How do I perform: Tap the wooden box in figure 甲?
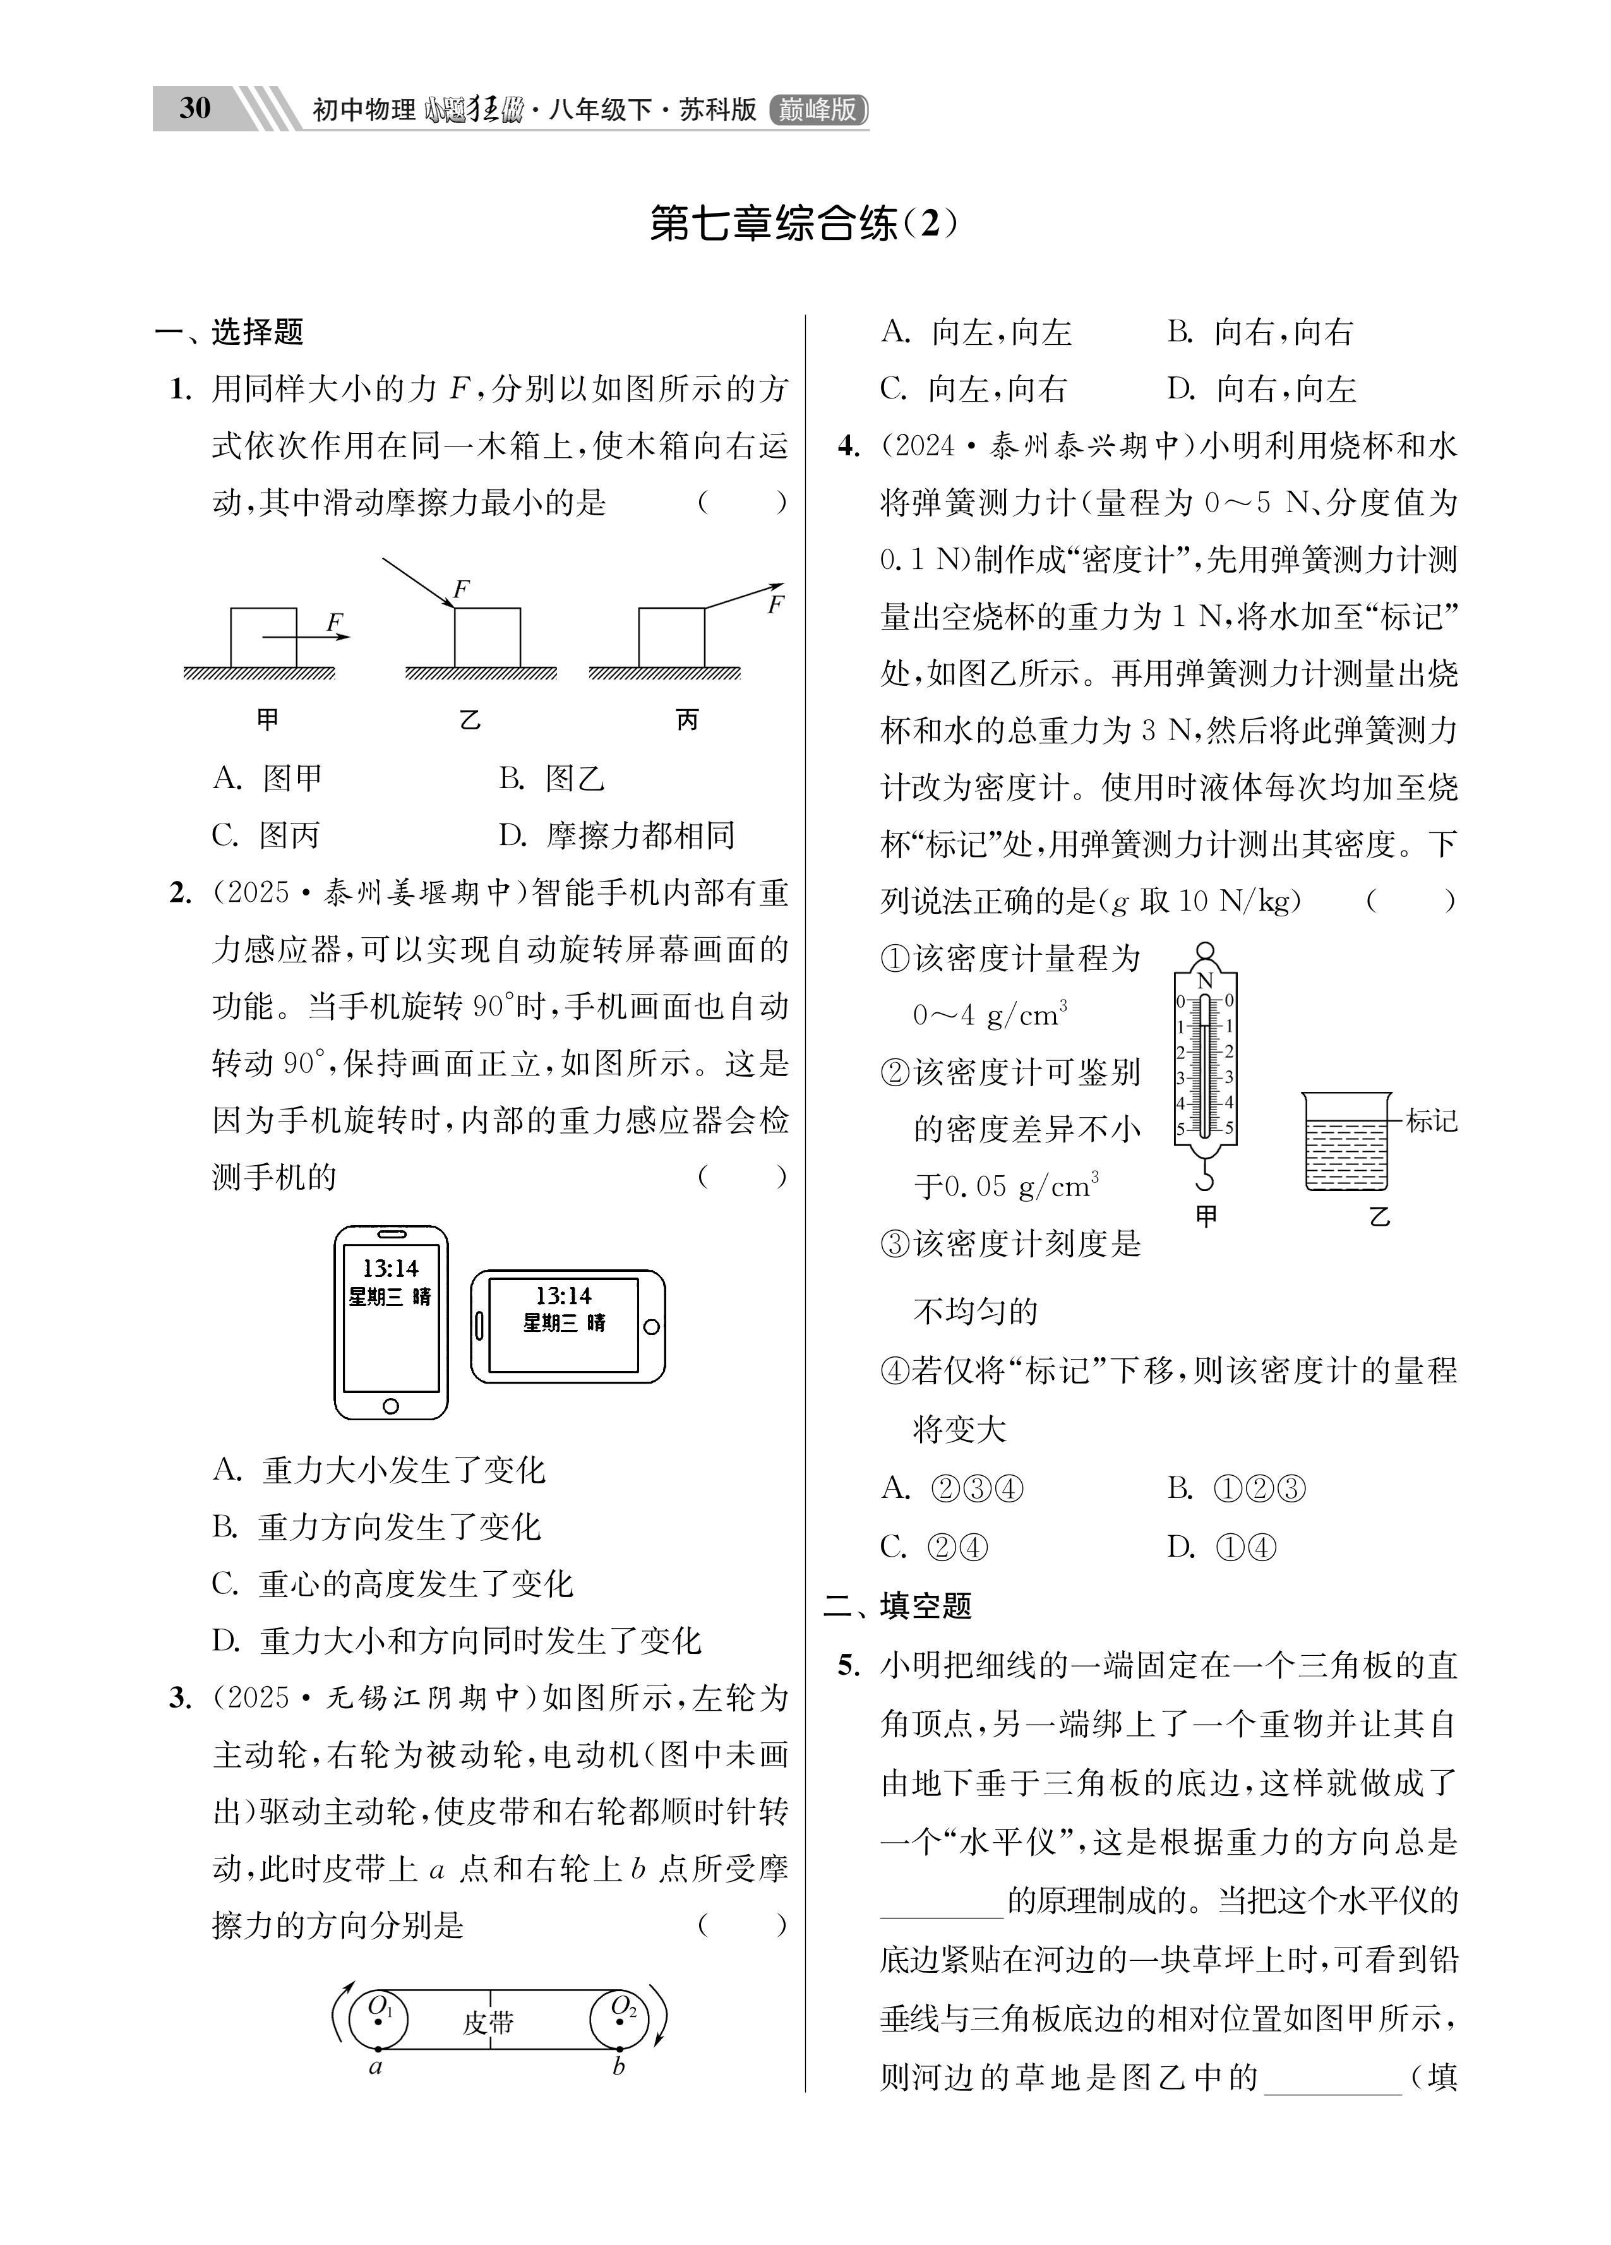(x=263, y=637)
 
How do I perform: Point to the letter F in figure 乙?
(x=460, y=590)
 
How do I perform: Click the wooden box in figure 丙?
(x=671, y=637)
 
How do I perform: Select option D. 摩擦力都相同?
(x=616, y=837)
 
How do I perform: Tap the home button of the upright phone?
(x=391, y=1406)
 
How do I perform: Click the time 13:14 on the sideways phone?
(x=563, y=1296)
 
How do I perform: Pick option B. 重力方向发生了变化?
(x=377, y=1528)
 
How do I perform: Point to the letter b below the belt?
(x=619, y=2067)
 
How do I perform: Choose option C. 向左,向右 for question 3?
(x=973, y=389)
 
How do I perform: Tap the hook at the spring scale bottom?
(x=1204, y=1178)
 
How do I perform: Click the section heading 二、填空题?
(x=897, y=1605)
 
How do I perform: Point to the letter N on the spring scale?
(x=1205, y=981)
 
